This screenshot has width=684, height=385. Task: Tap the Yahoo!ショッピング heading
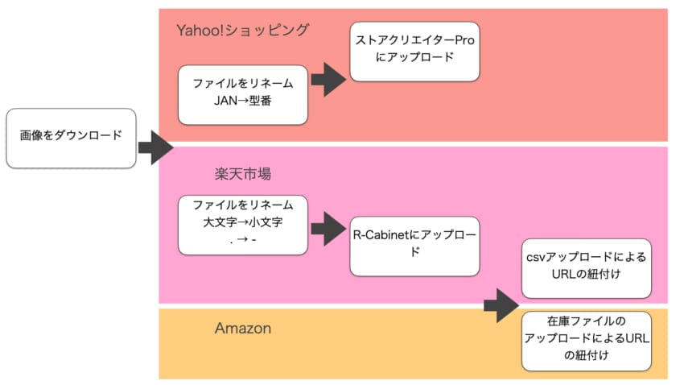coord(242,31)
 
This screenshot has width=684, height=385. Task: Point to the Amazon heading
coord(242,329)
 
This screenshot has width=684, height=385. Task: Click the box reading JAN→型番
coord(242,95)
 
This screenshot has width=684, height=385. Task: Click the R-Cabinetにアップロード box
coord(414,244)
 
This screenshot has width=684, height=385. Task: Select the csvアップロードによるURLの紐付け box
coord(585,269)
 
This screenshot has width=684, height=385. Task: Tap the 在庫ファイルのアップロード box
coord(585,341)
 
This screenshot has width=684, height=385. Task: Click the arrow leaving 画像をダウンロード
coord(155,147)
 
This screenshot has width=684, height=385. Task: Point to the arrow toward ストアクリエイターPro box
coord(328,79)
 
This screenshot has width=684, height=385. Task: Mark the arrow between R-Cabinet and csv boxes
coord(502,304)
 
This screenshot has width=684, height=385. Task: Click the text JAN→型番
coord(242,102)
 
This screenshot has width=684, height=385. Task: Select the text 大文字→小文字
coord(242,222)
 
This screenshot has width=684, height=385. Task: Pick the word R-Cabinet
coord(381,236)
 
